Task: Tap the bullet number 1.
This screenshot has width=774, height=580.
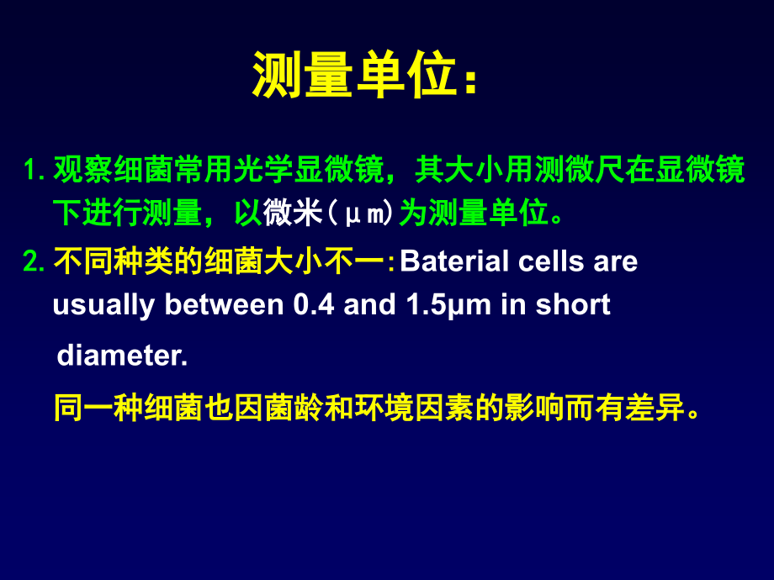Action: (x=34, y=171)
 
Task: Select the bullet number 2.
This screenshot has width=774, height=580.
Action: (x=34, y=262)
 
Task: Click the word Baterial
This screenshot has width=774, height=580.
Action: (x=454, y=261)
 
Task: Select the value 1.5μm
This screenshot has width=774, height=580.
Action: (x=449, y=304)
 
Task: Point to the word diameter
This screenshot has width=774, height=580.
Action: (x=122, y=356)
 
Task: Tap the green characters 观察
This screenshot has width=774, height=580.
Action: (x=84, y=171)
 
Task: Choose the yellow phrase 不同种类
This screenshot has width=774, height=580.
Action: (x=114, y=262)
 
